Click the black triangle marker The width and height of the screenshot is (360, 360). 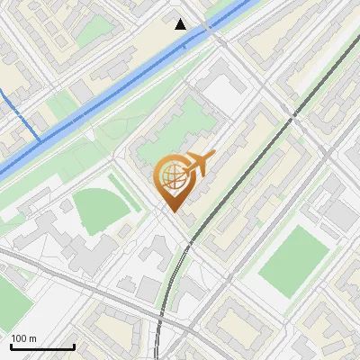click(x=181, y=24)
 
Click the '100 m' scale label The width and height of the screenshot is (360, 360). click(x=23, y=338)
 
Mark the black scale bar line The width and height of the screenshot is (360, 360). click(x=42, y=346)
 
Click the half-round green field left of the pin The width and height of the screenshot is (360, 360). click(x=99, y=209)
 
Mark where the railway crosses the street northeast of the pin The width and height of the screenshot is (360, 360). click(x=293, y=115)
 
